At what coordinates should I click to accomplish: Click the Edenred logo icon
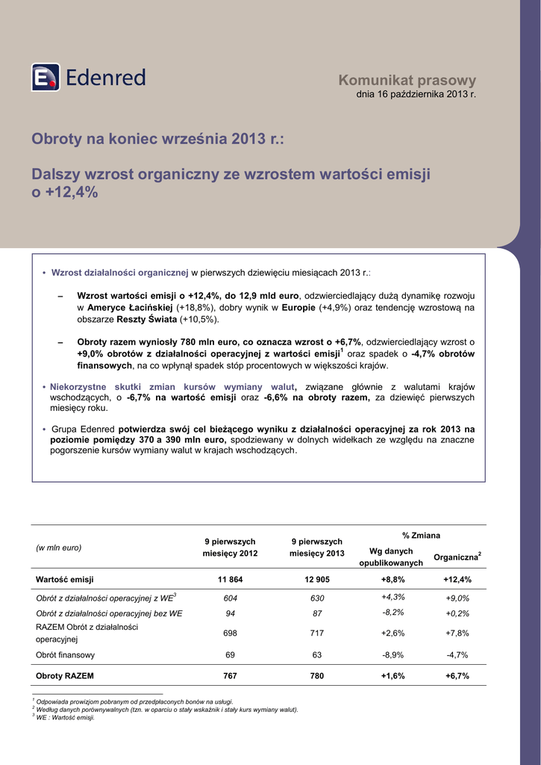[x=45, y=77]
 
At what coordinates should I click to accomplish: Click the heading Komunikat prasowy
[x=407, y=80]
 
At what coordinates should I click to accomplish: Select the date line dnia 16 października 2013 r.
[x=416, y=95]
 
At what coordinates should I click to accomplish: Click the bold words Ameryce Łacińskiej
[x=130, y=307]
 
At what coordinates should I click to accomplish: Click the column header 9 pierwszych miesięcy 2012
[x=230, y=548]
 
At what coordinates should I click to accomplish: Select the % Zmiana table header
[x=421, y=536]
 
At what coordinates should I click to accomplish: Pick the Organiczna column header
[x=457, y=557]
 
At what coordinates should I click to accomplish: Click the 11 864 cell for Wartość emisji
[x=230, y=579]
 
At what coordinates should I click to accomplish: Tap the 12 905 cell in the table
[x=316, y=579]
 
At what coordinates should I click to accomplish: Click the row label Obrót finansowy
[x=66, y=655]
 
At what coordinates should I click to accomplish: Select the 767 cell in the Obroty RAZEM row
[x=230, y=675]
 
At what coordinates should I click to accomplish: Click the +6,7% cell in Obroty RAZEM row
[x=457, y=675]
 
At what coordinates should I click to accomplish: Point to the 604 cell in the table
[x=230, y=598]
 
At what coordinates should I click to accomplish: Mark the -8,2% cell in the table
[x=393, y=613]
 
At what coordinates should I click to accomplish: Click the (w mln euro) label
[x=59, y=548]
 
